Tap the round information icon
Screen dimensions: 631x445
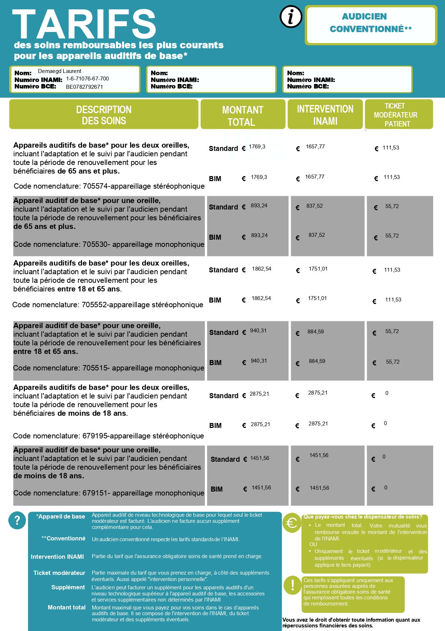[x=291, y=17]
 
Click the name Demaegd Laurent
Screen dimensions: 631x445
[x=60, y=71]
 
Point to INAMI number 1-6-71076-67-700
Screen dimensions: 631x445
[x=87, y=79]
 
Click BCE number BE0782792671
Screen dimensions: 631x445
[x=84, y=87]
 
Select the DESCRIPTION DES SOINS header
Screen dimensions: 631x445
[x=104, y=115]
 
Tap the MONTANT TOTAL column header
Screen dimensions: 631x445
[x=243, y=115]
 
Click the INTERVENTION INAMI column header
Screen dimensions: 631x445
[x=325, y=115]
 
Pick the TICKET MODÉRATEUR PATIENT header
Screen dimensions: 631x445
[x=396, y=115]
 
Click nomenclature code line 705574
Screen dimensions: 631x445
[x=109, y=186]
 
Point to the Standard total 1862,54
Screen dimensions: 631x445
[x=262, y=269]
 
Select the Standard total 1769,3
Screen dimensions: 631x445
[x=257, y=147]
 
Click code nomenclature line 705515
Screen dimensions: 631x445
[x=108, y=368]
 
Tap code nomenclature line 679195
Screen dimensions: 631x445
[x=108, y=436]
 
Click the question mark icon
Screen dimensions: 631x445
[x=17, y=520]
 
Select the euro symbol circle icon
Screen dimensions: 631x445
[x=291, y=523]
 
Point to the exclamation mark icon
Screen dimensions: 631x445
[x=292, y=585]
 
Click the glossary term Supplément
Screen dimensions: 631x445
[x=68, y=587]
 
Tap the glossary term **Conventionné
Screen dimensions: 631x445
[x=64, y=538]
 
